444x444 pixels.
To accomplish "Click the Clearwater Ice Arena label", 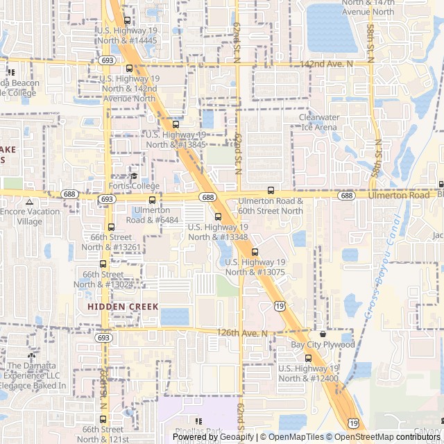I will click(318, 122).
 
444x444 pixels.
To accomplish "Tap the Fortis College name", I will click(134, 186).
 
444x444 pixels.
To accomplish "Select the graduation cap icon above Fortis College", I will click(134, 176).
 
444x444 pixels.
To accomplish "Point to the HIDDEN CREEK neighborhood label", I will click(123, 306).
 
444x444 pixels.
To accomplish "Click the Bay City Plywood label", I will click(323, 345).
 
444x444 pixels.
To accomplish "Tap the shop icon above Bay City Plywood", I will click(323, 334).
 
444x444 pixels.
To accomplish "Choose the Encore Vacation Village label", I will click(30, 216).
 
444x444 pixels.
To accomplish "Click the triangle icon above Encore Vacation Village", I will click(29, 202).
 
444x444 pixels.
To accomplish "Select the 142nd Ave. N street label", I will click(326, 64).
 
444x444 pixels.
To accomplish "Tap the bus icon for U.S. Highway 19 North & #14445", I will click(127, 21).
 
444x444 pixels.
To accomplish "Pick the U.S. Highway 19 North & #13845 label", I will click(176, 139).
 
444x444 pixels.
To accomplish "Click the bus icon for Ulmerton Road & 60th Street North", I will click(271, 191).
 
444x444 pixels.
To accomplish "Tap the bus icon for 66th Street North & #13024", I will click(103, 264).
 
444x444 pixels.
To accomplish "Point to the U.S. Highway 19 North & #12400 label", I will click(309, 373).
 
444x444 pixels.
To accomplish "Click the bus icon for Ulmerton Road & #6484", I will click(152, 200).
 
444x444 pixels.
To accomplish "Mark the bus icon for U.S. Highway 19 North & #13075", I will click(255, 252).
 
